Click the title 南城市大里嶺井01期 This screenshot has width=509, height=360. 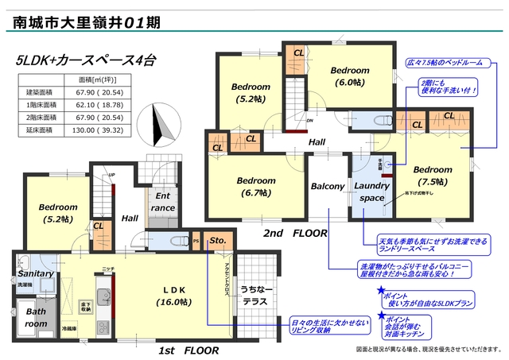tap(87, 21)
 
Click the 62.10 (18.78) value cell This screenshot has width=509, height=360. tap(99, 104)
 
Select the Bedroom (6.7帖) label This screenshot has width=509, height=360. tap(257, 186)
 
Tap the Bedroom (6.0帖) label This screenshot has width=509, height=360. tap(350, 75)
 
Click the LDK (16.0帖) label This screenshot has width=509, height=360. tap(174, 296)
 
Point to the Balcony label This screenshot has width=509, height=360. tap(328, 187)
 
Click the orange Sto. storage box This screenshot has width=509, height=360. tap(217, 240)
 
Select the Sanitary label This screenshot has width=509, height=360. tap(35, 273)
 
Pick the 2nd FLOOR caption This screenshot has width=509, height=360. tap(296, 234)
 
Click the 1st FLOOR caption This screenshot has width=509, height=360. tap(185, 350)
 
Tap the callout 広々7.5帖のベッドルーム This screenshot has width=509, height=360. tap(449, 61)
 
